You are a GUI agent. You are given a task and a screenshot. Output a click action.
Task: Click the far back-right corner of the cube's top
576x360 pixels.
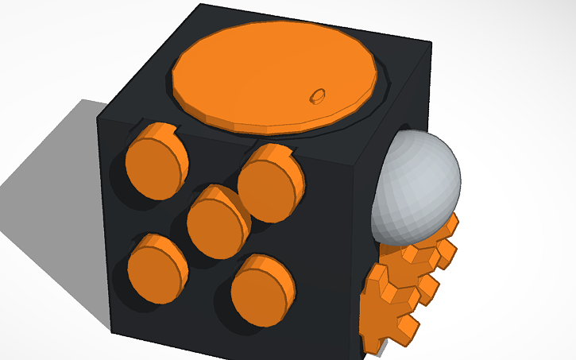pyautogui.click(x=430, y=42)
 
